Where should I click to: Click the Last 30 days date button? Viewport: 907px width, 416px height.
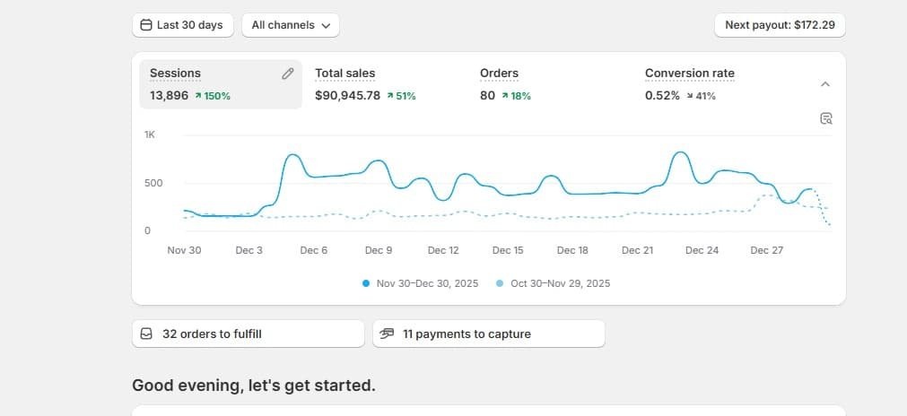point(183,25)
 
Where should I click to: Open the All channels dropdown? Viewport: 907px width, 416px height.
point(291,25)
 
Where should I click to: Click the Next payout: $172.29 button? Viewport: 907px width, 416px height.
point(780,25)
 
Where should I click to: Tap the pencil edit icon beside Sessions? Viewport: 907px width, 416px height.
point(287,74)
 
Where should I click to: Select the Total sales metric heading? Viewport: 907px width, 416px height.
point(344,74)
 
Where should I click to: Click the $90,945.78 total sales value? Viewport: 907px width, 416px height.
point(348,96)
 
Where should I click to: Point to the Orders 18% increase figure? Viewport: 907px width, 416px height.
point(516,96)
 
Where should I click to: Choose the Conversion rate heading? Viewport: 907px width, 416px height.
point(690,74)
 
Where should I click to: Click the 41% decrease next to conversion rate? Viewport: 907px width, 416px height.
point(701,96)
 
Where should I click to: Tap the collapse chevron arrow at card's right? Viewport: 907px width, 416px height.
point(825,84)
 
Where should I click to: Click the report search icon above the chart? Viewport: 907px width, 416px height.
point(826,118)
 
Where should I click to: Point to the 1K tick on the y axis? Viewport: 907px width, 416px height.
point(150,134)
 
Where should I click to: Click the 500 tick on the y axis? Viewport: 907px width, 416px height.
point(153,183)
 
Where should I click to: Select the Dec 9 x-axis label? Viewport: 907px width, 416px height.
point(379,250)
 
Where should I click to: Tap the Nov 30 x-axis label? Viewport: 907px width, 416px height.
point(185,250)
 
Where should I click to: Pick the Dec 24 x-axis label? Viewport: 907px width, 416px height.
point(702,250)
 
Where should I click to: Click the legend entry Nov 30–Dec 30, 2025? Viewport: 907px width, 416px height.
point(421,283)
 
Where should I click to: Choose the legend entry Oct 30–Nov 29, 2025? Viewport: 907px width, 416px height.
point(554,283)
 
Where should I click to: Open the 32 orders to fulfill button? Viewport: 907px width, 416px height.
point(249,334)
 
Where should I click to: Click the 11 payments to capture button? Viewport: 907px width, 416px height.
point(489,334)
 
